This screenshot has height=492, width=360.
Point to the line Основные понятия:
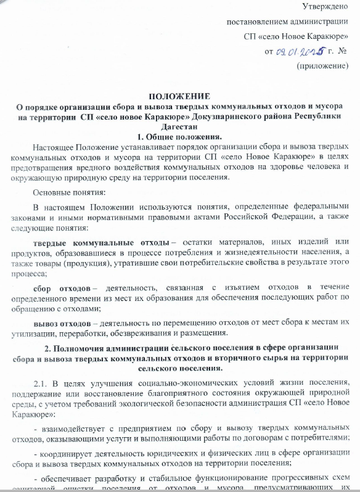(65, 193)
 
